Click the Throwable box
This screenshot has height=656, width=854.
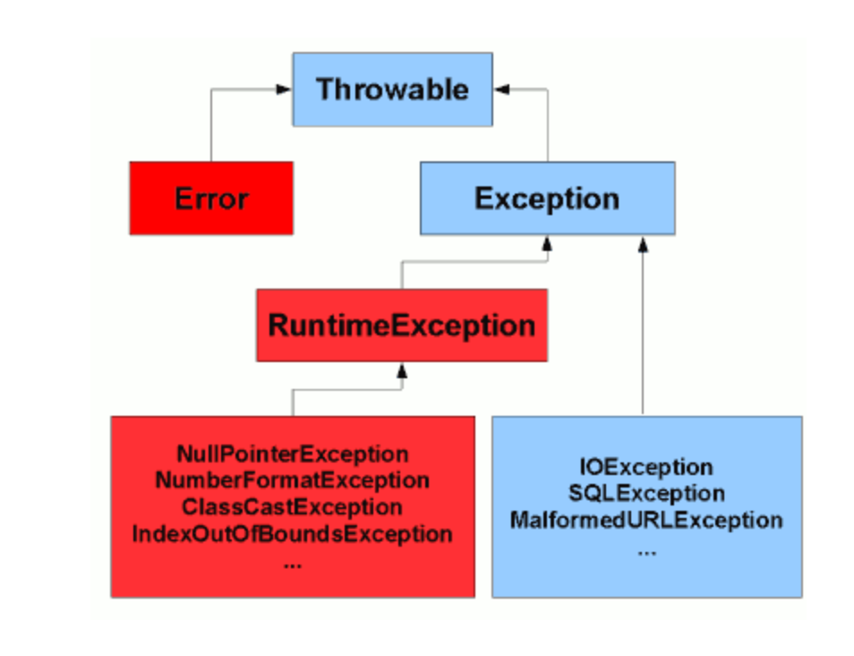coord(392,89)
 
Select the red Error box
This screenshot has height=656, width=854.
coord(211,198)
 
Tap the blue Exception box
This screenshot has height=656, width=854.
coord(547,198)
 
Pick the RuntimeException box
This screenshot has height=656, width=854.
coord(402,325)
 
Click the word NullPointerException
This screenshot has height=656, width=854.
coord(292,454)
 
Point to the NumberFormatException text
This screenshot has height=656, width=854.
coord(292,480)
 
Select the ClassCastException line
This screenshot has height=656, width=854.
coord(292,507)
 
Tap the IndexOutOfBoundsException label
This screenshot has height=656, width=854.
coord(292,535)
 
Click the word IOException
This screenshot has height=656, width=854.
coord(646,467)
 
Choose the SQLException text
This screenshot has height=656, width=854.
coord(646,493)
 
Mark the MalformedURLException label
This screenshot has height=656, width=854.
coord(646,520)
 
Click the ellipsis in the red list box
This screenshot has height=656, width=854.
coord(292,564)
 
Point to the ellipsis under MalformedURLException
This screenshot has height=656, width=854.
coord(646,550)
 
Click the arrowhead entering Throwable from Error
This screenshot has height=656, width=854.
coord(284,89)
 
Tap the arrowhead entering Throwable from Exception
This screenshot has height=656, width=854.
coord(502,89)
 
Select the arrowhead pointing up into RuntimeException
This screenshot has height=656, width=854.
coord(402,369)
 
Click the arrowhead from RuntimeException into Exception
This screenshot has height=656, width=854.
coord(547,243)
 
